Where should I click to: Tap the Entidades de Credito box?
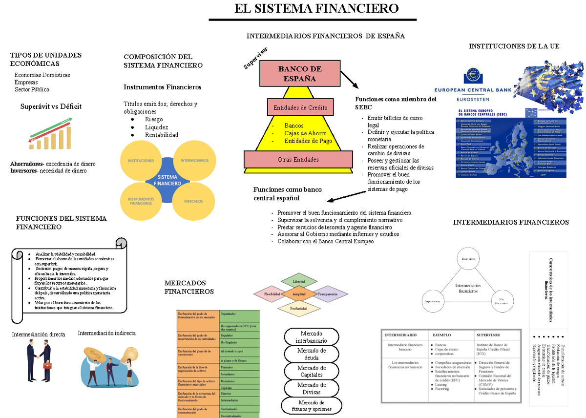pyautogui.click(x=300, y=107)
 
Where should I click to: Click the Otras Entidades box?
pyautogui.click(x=298, y=160)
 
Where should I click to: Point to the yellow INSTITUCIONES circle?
pyautogui.click(x=141, y=161)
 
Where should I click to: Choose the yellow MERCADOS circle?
pyautogui.click(x=194, y=201)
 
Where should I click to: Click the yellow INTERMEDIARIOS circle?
pyautogui.click(x=194, y=161)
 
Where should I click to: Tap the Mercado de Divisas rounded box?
pyautogui.click(x=312, y=388)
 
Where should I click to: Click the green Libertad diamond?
pyautogui.click(x=299, y=282)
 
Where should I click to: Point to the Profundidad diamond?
pyautogui.click(x=298, y=309)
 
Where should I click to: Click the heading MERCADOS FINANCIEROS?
pyautogui.click(x=188, y=287)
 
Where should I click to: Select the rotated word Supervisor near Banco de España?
pyautogui.click(x=256, y=58)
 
